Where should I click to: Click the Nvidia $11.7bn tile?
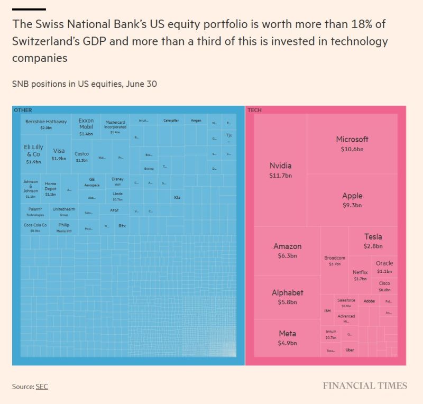point(280,170)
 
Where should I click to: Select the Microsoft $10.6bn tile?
point(352,144)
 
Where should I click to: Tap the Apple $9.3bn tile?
point(352,200)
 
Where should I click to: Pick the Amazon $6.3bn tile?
point(287,251)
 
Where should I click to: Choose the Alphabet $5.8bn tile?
point(287,297)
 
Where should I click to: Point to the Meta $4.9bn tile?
point(287,337)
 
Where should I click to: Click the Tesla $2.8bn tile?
point(372,241)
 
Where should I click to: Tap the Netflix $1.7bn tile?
point(360,275)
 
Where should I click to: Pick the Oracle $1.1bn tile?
point(384,267)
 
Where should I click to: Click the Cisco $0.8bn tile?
point(384,287)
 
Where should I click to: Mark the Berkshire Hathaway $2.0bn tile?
point(46,124)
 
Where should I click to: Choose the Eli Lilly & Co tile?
point(34,153)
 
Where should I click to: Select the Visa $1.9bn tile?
point(59,154)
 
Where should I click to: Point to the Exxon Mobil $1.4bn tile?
point(86,127)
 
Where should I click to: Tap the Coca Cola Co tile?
point(35,227)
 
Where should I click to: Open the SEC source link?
point(42,387)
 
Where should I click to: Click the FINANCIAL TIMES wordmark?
point(365,385)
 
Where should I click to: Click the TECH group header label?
point(254,110)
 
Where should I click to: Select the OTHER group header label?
point(23,110)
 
